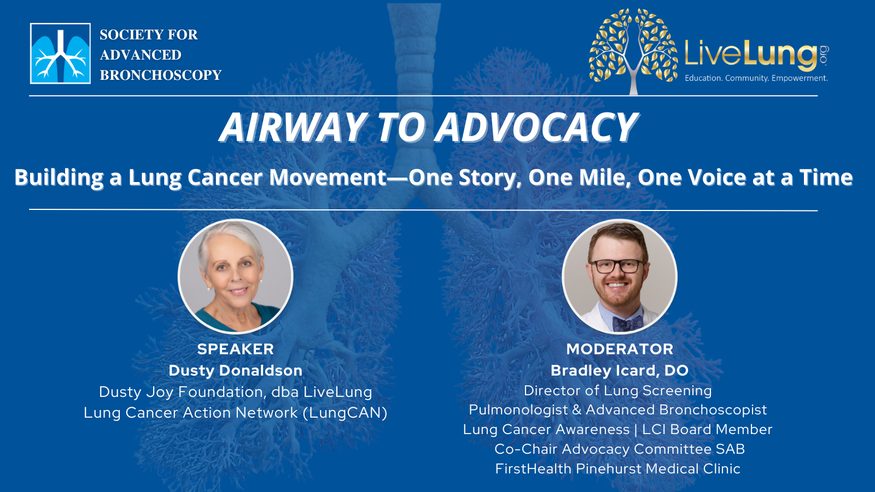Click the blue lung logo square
coord(61,54)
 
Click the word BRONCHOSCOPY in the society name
coord(161,75)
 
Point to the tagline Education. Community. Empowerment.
coord(756,78)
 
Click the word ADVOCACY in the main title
coord(536,127)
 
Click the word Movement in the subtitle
coord(328,177)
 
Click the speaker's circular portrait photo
coord(236,277)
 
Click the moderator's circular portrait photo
coord(620,277)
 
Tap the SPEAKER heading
coord(236,349)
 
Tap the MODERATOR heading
coord(620,349)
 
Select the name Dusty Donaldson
coord(236,371)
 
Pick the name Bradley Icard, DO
coord(620,371)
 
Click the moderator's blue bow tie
coord(628,323)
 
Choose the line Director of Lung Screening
coord(617,390)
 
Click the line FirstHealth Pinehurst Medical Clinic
coord(617,468)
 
